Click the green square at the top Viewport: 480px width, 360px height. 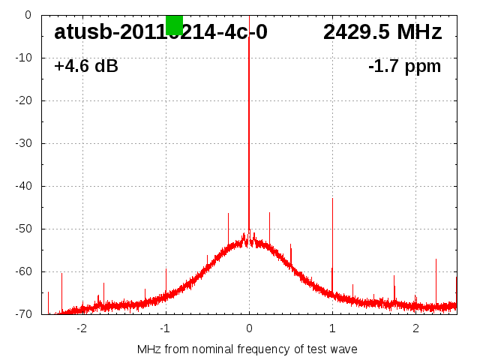coord(174,25)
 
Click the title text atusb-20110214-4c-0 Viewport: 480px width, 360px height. coord(160,32)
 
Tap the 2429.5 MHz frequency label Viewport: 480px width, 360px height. coord(382,32)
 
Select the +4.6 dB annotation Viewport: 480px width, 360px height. coord(86,66)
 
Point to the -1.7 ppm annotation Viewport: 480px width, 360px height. coord(404,66)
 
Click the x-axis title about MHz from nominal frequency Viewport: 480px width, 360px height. coord(247,349)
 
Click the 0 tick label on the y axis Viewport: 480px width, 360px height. coord(27,14)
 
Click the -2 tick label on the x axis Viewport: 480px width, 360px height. coord(82,328)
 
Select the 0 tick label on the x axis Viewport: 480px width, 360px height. coord(249,328)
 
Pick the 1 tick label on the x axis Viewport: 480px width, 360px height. coord(332,328)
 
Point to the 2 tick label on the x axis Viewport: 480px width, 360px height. coord(415,328)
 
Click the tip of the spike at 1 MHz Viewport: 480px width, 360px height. coord(332,199)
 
